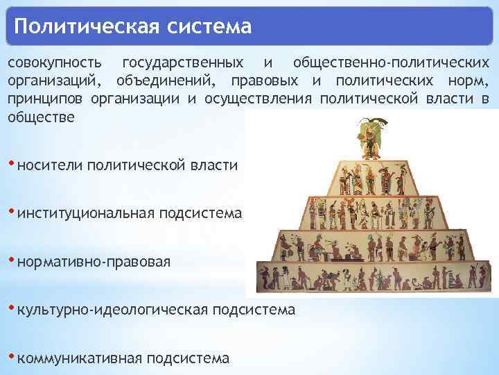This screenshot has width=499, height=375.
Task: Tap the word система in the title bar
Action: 207,28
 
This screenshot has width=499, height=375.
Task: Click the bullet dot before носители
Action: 11,163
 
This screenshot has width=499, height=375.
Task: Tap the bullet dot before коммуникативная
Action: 11,356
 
